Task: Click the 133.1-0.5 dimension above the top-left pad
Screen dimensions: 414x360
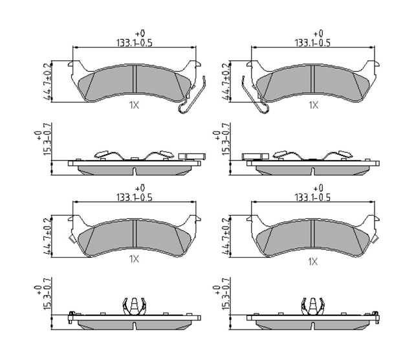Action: pyautogui.click(x=135, y=43)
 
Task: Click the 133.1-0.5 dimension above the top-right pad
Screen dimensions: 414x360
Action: pyautogui.click(x=312, y=43)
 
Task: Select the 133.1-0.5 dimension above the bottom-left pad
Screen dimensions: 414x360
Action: pyautogui.click(x=135, y=197)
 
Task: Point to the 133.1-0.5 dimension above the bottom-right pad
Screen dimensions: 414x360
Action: pyautogui.click(x=312, y=197)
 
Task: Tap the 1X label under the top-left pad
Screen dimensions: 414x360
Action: pyautogui.click(x=134, y=106)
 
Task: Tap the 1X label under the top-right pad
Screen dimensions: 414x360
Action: pyautogui.click(x=314, y=105)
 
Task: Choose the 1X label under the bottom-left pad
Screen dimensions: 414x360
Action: pyautogui.click(x=134, y=259)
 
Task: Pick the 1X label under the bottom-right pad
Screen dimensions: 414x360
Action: pyautogui.click(x=313, y=262)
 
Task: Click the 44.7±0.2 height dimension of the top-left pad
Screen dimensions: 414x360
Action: pyautogui.click(x=47, y=82)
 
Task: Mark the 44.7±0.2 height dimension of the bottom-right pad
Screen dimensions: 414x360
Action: pyautogui.click(x=225, y=236)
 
